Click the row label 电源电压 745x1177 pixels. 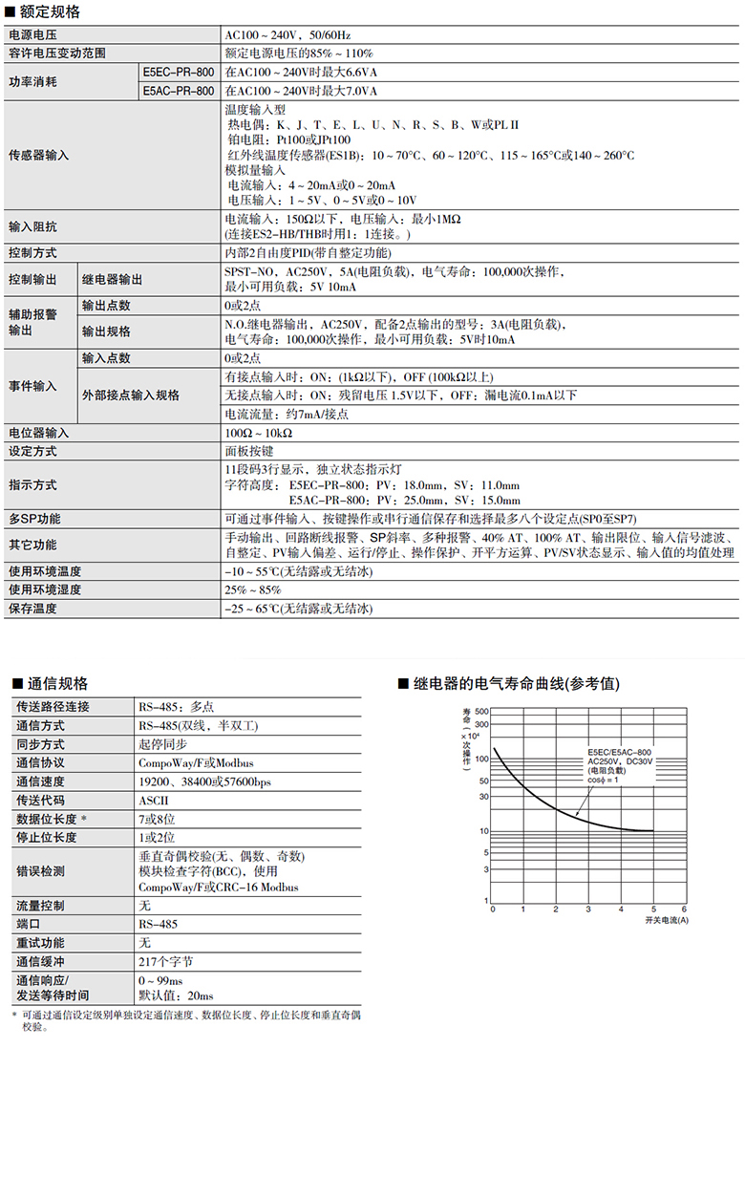point(32,35)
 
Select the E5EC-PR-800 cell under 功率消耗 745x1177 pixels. point(179,72)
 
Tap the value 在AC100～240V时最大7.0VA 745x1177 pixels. point(301,91)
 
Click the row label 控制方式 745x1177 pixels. point(32,253)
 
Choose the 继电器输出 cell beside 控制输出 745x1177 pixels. point(112,279)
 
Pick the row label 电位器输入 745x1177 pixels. point(38,433)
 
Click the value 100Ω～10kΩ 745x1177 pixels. point(258,433)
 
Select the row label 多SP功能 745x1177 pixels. point(34,519)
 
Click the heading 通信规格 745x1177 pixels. point(57,684)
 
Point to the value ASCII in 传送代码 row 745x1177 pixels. point(153,799)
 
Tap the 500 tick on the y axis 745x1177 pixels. point(481,712)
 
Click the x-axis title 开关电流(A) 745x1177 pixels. point(666,919)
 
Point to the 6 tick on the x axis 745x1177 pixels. point(684,909)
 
